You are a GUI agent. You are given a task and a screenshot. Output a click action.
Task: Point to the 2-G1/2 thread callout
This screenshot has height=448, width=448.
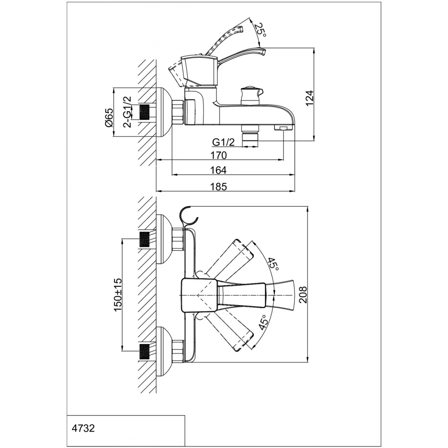127,112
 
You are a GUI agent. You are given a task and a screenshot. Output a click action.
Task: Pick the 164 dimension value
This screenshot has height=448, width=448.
218,170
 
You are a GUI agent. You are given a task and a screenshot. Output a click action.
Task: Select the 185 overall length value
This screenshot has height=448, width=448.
218,187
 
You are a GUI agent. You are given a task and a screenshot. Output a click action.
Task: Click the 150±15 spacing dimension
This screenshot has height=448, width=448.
118,295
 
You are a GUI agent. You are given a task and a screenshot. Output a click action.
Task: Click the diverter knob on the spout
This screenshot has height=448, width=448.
250,94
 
